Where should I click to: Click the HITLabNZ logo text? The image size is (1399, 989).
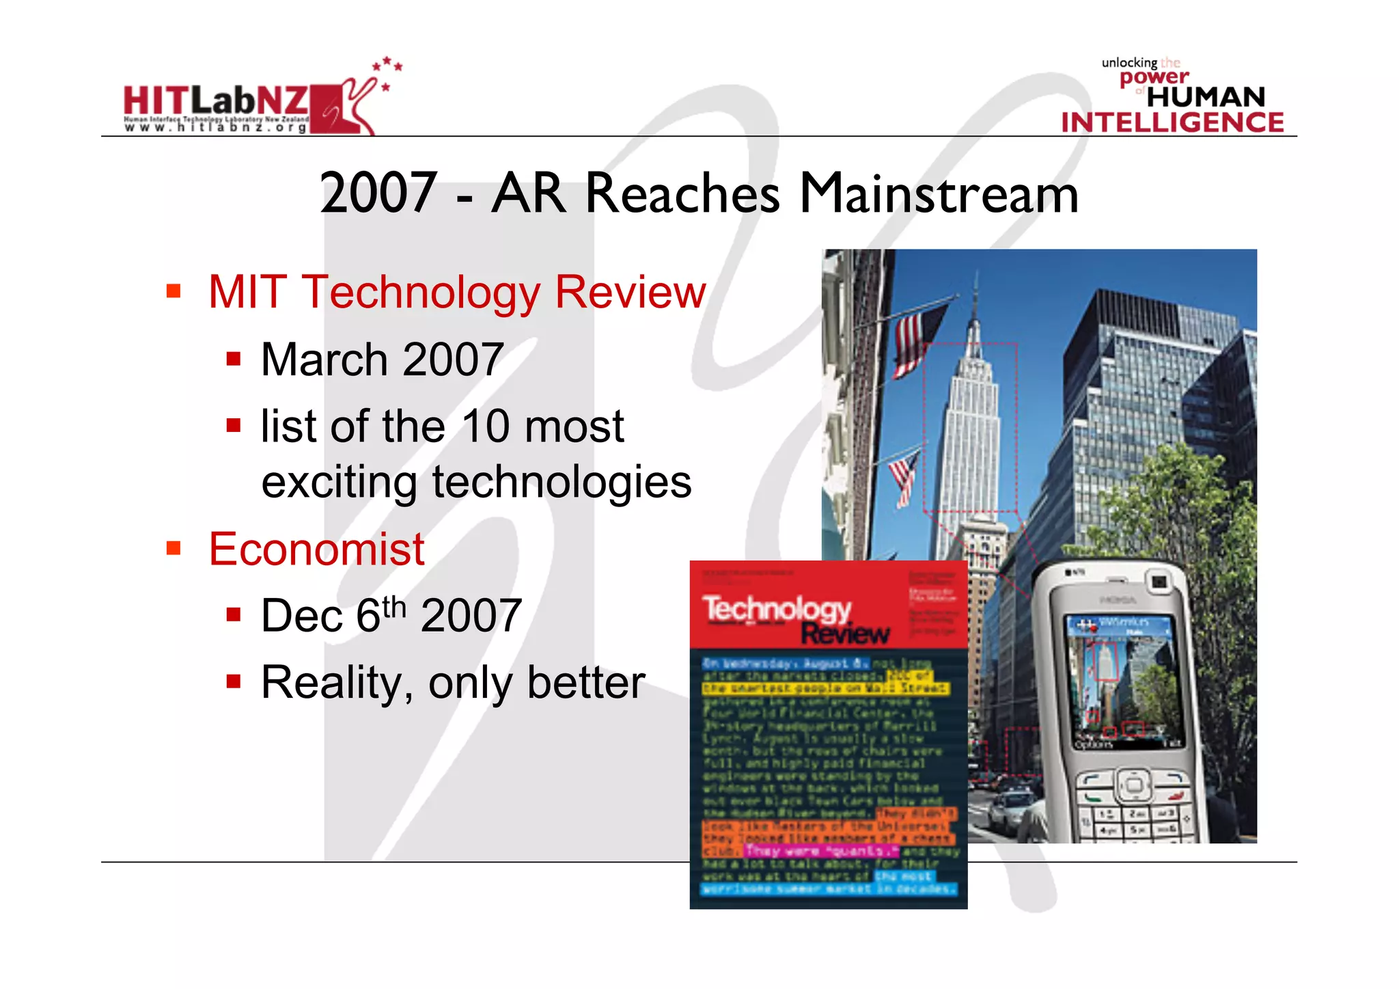(x=216, y=101)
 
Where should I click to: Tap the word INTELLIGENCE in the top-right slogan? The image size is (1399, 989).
(x=1172, y=122)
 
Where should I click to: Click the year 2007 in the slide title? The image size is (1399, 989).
(x=378, y=193)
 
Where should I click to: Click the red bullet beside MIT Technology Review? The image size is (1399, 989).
(x=174, y=292)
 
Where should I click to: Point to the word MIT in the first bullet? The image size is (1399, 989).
(x=247, y=292)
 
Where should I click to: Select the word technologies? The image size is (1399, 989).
(x=562, y=482)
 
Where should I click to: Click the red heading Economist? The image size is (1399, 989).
(x=316, y=549)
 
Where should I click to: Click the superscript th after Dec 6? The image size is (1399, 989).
(x=394, y=606)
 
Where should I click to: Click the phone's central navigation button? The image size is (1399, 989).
(x=1133, y=784)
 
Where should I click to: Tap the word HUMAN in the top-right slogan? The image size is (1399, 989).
(x=1206, y=97)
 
